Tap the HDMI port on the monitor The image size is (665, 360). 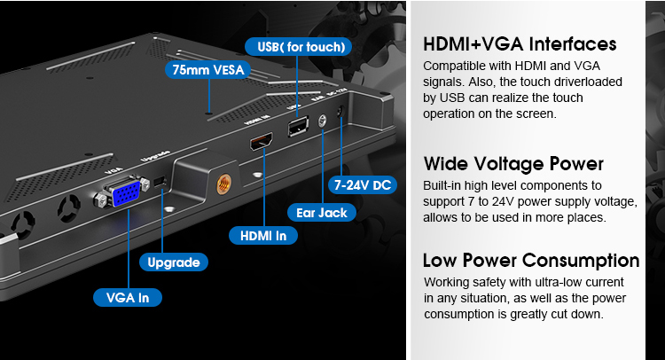click(x=262, y=142)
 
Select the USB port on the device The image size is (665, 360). click(x=298, y=127)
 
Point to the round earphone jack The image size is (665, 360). click(x=323, y=121)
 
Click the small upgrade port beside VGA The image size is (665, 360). click(x=159, y=182)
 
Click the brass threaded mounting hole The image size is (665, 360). click(x=223, y=184)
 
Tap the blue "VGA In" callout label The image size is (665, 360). click(x=128, y=298)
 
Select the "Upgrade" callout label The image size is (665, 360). click(x=174, y=262)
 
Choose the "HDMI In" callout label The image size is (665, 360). click(x=263, y=236)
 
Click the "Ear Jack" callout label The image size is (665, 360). click(x=322, y=213)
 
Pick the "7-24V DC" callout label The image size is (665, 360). click(x=363, y=184)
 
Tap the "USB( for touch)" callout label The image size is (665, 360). click(x=299, y=47)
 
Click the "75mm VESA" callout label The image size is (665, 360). click(x=207, y=69)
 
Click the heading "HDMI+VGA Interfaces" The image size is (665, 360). click(x=520, y=44)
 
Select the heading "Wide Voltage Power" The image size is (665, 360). click(x=513, y=164)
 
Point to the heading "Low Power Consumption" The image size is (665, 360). click(x=531, y=261)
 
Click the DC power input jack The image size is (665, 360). click(x=340, y=113)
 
